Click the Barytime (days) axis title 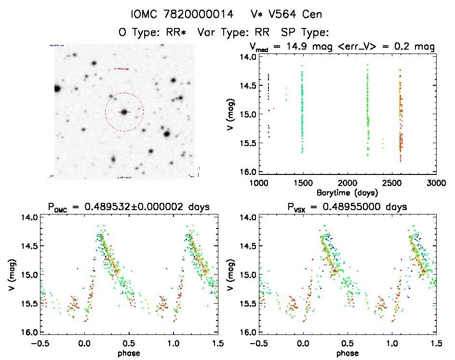347,192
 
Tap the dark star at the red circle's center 124,112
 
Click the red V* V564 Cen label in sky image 121,69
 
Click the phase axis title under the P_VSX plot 347,352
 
